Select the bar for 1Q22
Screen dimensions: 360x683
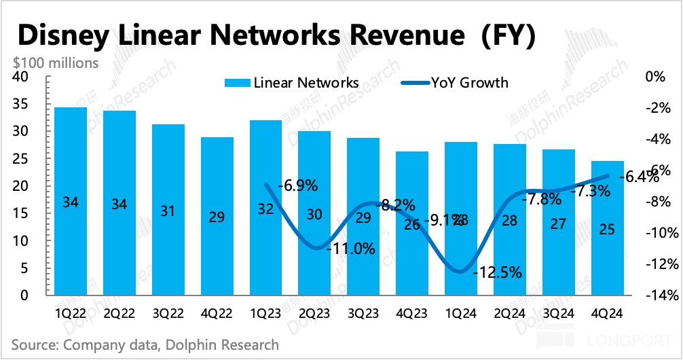click(x=70, y=201)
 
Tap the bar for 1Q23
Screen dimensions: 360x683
click(x=265, y=208)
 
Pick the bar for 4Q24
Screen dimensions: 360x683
click(x=608, y=228)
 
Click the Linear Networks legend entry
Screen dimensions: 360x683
click(x=293, y=83)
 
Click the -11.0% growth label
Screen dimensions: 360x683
click(x=351, y=249)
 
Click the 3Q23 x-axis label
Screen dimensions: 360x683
click(x=363, y=314)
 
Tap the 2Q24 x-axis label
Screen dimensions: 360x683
click(x=510, y=314)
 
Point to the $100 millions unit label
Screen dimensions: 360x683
click(x=55, y=62)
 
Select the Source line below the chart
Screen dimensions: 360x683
click(x=145, y=345)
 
